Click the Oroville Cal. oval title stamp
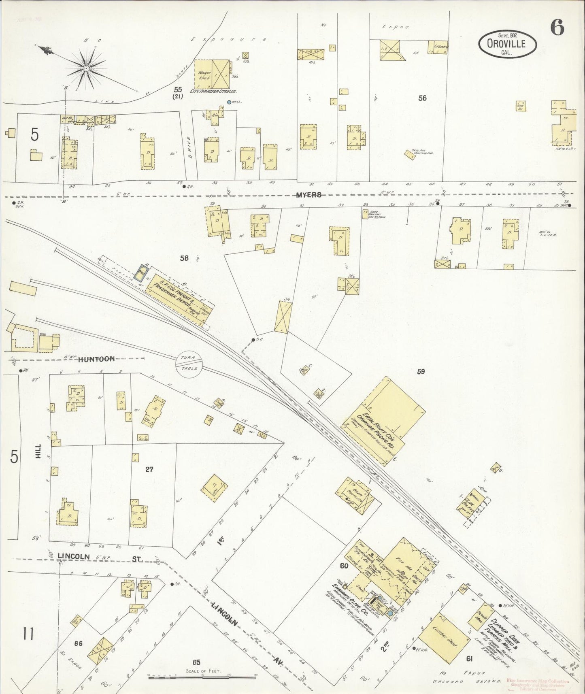point(507,44)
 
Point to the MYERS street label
point(308,195)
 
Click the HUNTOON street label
point(96,359)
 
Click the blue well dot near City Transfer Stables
point(229,102)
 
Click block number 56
point(422,98)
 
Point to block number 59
point(421,371)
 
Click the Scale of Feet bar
point(202,675)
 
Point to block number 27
point(149,469)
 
